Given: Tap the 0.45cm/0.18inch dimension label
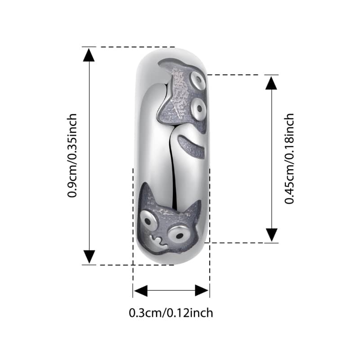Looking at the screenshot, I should click(290, 158).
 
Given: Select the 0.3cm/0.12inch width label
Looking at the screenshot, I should click(171, 312).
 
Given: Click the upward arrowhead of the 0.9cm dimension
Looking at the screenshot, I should click(89, 55).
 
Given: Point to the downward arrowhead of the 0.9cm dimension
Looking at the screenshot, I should click(89, 256).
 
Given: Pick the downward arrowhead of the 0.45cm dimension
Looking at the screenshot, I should click(271, 234).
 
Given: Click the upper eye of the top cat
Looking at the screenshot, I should click(197, 81).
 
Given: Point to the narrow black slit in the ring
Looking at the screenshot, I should click(173, 166).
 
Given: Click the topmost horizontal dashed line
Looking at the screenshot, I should click(130, 47).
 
